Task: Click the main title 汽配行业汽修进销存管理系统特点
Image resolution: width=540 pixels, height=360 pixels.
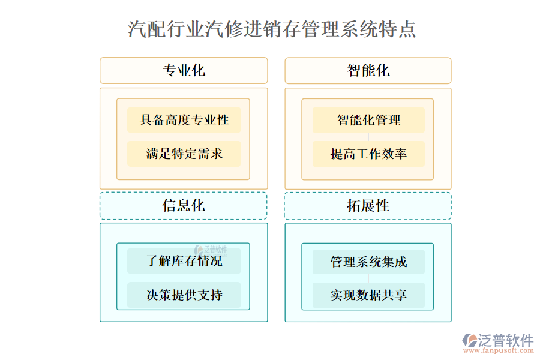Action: pyautogui.click(x=272, y=29)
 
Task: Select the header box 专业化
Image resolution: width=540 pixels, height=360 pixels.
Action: pyautogui.click(x=184, y=70)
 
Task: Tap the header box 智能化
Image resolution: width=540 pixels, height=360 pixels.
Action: pyautogui.click(x=368, y=70)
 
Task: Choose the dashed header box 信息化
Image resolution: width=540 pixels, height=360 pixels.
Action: pyautogui.click(x=184, y=205)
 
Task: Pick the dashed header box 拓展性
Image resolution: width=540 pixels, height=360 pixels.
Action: pyautogui.click(x=368, y=205)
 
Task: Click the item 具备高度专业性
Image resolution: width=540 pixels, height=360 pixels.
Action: pyautogui.click(x=184, y=120)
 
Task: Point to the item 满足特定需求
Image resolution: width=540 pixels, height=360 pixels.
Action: pyautogui.click(x=184, y=154)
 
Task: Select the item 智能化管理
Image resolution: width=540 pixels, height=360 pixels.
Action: pyautogui.click(x=368, y=120)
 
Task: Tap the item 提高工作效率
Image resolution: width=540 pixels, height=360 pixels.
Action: pyautogui.click(x=368, y=154)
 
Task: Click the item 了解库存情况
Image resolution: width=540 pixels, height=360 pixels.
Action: pyautogui.click(x=184, y=262)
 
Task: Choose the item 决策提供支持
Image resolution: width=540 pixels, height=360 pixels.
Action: pyautogui.click(x=184, y=295)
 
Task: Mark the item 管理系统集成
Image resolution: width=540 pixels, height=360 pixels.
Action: pyautogui.click(x=368, y=262)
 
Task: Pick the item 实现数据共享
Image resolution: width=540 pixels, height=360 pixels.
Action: pyautogui.click(x=368, y=295)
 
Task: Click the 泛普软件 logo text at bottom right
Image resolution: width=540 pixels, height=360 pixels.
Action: pyautogui.click(x=506, y=340)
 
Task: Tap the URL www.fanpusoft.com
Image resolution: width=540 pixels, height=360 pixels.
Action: pyautogui.click(x=497, y=352)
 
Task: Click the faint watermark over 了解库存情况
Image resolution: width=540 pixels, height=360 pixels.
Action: pyautogui.click(x=210, y=250)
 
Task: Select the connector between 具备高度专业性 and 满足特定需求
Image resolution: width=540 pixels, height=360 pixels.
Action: pyautogui.click(x=184, y=137)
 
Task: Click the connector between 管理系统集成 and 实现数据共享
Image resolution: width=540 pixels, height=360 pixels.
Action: pyautogui.click(x=368, y=278)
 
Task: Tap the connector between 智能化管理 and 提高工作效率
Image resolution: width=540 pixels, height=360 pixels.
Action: pyautogui.click(x=368, y=137)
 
